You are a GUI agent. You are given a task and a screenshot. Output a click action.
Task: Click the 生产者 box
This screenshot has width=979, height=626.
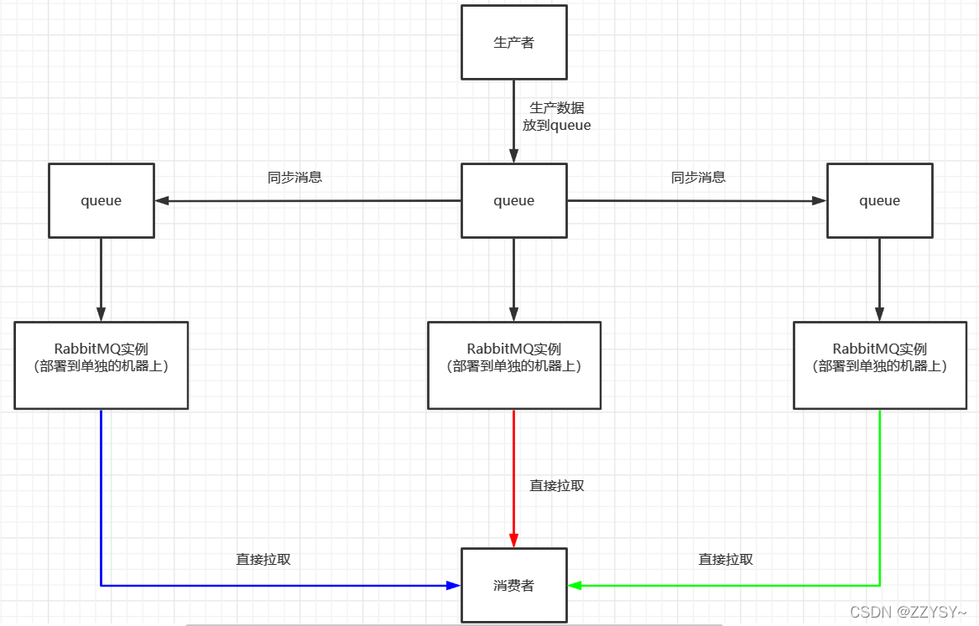coord(514,43)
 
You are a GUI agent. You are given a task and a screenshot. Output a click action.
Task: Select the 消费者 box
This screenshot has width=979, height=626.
coord(514,586)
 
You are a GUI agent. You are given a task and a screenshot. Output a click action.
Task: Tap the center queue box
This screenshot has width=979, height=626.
coord(514,200)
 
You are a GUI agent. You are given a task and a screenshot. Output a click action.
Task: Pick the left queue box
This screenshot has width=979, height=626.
coord(101,200)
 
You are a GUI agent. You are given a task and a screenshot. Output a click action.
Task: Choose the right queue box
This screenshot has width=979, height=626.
coord(879,200)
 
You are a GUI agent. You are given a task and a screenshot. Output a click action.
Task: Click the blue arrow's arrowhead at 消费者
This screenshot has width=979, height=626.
coord(454,586)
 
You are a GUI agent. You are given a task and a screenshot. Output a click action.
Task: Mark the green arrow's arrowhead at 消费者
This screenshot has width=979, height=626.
coord(575,586)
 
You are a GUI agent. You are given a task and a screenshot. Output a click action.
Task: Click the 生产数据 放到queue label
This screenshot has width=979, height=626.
coord(557,116)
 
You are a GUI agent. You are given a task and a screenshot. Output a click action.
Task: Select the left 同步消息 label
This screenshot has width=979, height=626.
coord(294,178)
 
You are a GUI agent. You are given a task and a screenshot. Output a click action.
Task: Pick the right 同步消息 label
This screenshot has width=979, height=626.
coord(698,178)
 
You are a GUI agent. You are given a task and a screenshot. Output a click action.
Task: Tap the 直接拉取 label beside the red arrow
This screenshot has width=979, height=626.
coord(557,485)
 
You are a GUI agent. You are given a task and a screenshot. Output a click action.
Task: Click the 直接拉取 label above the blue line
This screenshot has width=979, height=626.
coord(263,559)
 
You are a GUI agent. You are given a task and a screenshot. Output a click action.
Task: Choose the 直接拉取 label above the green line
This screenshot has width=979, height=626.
coord(726,559)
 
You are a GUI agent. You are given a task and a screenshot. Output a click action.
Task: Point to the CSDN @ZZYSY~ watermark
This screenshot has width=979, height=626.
coord(909,613)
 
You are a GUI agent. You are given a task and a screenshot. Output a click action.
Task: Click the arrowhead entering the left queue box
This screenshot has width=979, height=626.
coord(162,201)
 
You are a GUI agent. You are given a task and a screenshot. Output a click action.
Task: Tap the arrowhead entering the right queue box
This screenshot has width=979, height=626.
coord(819,201)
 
